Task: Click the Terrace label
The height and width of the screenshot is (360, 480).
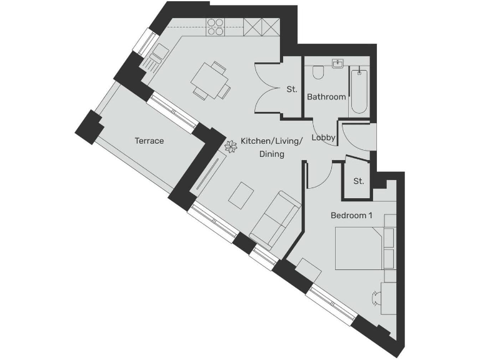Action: coord(149,141)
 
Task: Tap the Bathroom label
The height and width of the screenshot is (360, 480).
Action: coord(326,97)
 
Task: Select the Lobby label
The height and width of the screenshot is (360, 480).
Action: coord(324,137)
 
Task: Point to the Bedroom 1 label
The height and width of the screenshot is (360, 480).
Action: coord(351,216)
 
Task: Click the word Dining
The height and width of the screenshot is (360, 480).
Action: coord(272,154)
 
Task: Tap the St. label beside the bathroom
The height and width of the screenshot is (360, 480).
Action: coord(291,89)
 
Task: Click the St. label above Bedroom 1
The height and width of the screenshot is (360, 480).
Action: coord(358,181)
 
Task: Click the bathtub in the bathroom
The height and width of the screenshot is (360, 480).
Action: coord(358,91)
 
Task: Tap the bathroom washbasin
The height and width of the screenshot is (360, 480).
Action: coord(338,64)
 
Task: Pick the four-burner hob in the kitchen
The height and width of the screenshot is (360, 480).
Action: coord(216,26)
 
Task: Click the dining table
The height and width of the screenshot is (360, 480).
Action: coord(210,79)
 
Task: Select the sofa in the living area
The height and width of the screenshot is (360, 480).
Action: coord(274,219)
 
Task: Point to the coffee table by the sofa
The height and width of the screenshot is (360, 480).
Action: coord(241,196)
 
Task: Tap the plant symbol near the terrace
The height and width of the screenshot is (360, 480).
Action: coord(229,147)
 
